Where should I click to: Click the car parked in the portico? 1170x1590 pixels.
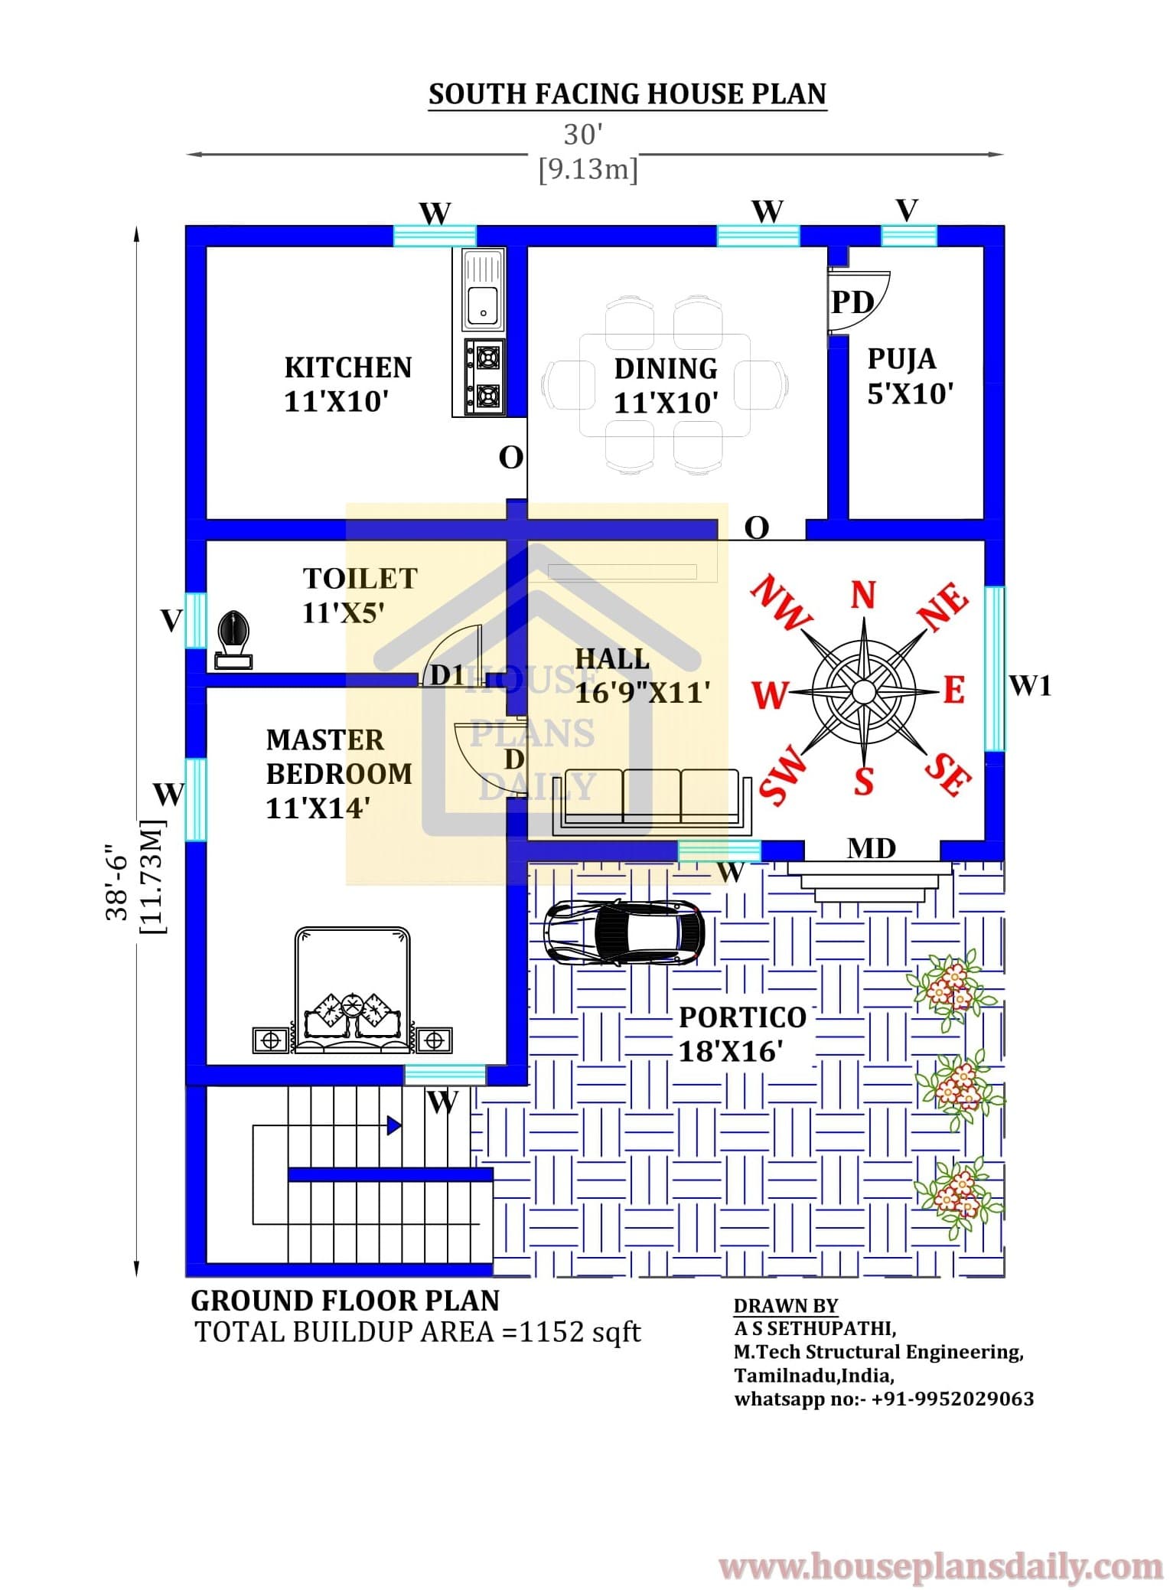[x=624, y=931]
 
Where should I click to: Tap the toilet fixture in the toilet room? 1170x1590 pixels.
[x=233, y=640]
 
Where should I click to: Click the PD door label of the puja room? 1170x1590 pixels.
[x=852, y=302]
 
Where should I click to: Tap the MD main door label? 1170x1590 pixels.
[x=872, y=848]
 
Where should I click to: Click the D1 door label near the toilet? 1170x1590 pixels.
[x=448, y=674]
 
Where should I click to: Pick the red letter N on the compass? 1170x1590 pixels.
[x=863, y=595]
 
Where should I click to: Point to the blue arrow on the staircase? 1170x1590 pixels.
[x=393, y=1125]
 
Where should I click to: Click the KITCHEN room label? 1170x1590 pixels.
[x=348, y=367]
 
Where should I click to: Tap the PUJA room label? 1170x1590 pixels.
[x=902, y=359]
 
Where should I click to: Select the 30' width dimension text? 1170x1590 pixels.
[x=583, y=135]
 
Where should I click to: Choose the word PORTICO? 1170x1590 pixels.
[x=742, y=1017]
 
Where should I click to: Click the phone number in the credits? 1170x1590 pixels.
[x=953, y=1399]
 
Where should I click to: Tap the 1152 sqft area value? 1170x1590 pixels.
[x=580, y=1333]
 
